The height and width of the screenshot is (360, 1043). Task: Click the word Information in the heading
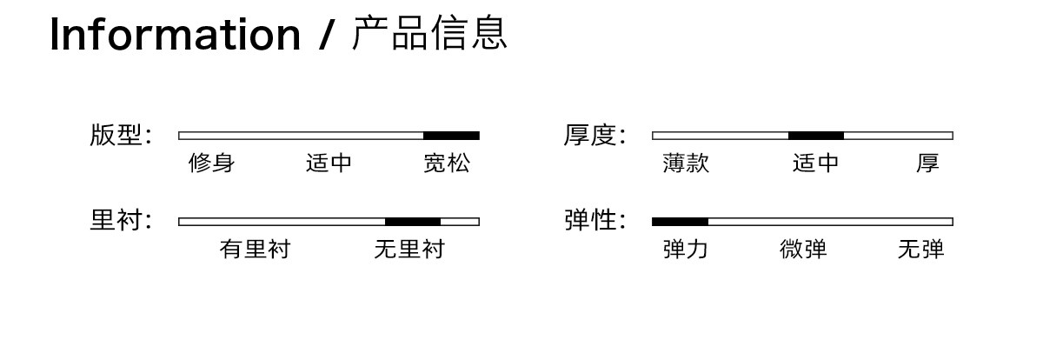175,34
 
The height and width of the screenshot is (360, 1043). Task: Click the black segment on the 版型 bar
451,136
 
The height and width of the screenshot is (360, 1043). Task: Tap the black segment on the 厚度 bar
816,136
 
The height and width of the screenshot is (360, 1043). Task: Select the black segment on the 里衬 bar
413,222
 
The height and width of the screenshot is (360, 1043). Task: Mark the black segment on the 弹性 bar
680,222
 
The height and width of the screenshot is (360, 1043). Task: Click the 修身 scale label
211,163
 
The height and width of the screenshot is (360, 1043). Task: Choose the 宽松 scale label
447,163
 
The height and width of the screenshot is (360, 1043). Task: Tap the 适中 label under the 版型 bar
329,163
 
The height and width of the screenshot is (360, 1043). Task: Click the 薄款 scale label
686,163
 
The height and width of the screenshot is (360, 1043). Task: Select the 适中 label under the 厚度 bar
816,163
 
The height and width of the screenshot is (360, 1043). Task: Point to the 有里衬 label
256,249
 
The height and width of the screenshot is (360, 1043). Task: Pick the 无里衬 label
409,249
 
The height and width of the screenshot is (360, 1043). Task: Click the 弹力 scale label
686,249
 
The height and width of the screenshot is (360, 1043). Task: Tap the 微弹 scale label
803,249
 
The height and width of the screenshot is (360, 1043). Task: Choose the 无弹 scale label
921,249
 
